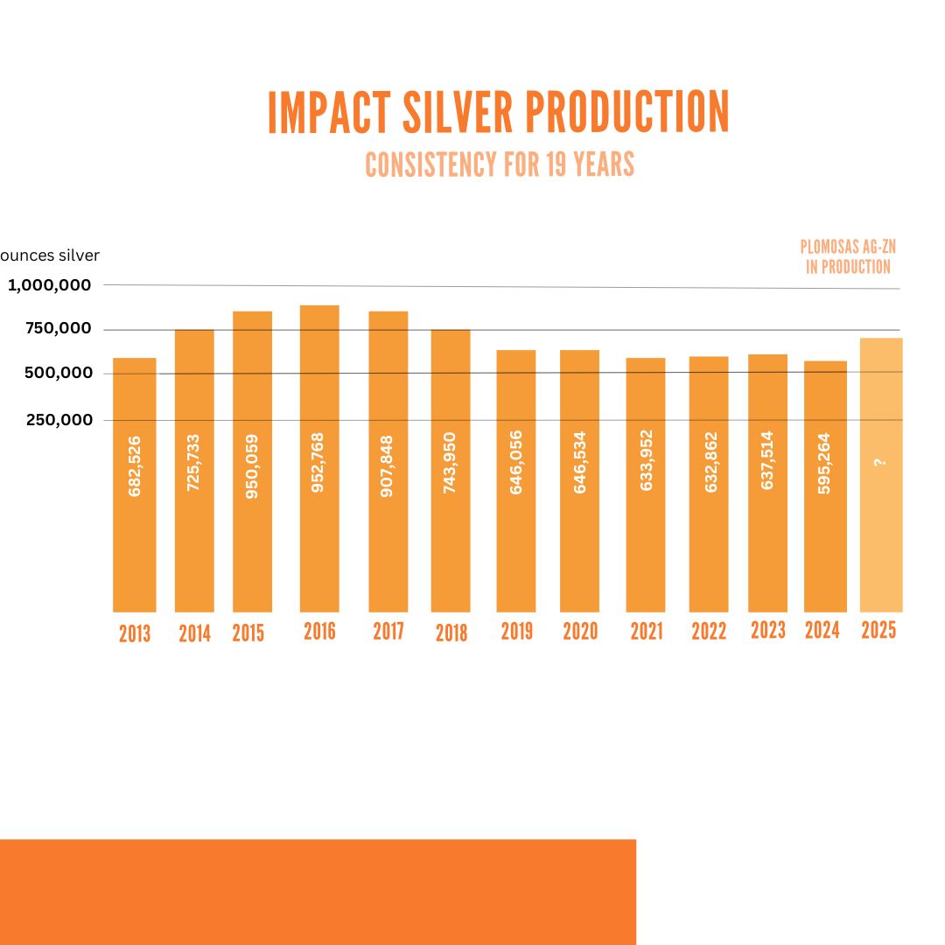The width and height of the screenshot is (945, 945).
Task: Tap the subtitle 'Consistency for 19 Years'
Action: (500, 164)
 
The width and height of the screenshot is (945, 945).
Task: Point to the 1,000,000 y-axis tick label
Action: (51, 285)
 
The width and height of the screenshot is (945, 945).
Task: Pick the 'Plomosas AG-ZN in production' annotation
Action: (848, 257)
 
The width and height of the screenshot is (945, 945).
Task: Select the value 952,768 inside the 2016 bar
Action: (318, 463)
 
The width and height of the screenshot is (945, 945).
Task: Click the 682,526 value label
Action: (135, 465)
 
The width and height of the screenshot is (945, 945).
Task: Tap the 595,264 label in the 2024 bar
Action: (824, 463)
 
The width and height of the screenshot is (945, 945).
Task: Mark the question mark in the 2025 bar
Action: (880, 462)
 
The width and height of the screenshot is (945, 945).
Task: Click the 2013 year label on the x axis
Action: (135, 633)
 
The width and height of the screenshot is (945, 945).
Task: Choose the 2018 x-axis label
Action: (451, 633)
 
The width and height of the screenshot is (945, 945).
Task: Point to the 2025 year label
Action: (878, 630)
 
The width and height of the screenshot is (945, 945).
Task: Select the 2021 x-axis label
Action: (647, 631)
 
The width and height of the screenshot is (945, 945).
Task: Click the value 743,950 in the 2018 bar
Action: (450, 463)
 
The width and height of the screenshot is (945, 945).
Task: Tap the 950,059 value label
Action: (252, 465)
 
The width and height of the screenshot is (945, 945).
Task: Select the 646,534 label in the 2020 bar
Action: (579, 462)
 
